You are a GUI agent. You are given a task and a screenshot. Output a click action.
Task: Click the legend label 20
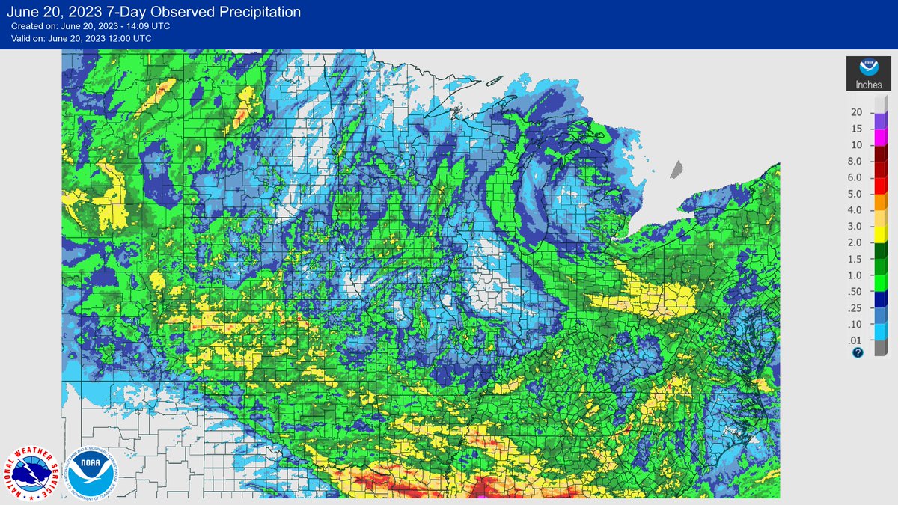click(857, 112)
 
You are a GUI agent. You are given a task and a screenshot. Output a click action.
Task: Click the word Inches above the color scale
click(869, 85)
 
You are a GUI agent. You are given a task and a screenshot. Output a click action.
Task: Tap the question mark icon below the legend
click(858, 352)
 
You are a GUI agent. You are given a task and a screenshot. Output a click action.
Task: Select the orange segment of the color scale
click(881, 202)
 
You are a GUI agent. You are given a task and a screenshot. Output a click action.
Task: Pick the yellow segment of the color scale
click(881, 235)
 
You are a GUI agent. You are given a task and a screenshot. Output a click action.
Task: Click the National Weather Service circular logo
click(33, 474)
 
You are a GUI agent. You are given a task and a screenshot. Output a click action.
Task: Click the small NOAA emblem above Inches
click(869, 67)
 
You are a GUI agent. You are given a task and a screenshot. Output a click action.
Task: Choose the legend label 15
click(857, 129)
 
